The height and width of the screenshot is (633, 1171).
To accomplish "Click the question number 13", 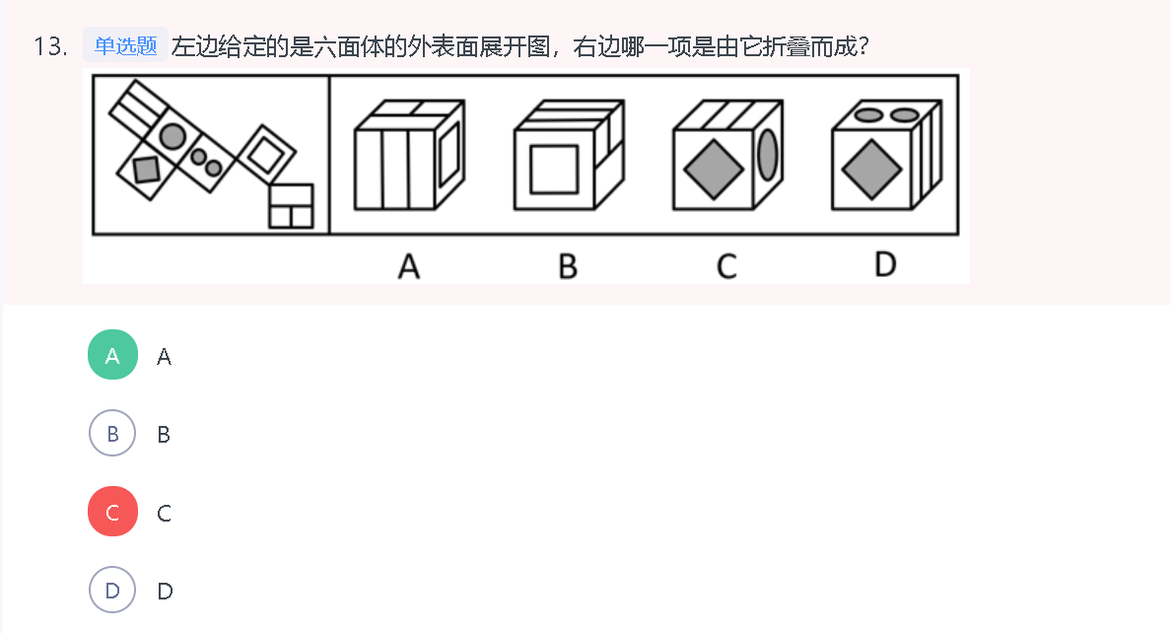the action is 48,46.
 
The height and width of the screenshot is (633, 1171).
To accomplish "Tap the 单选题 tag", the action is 125,45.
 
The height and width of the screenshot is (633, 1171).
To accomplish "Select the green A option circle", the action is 113,355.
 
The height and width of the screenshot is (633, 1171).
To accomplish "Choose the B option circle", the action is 113,434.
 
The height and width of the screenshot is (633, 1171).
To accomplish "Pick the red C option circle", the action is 113,513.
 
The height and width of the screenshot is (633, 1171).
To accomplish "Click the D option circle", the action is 113,591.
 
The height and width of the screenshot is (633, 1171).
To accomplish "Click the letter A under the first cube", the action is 408,265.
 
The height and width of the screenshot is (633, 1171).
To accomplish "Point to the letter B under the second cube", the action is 567,265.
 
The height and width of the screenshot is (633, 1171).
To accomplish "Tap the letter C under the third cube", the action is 726,265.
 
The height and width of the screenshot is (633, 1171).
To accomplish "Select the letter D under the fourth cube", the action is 885,264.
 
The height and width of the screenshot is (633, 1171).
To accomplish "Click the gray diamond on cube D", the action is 871,168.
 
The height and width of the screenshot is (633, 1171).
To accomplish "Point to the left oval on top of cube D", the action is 868,115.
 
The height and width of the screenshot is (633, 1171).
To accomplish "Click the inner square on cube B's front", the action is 554,169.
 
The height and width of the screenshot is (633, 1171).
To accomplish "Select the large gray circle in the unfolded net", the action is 172,136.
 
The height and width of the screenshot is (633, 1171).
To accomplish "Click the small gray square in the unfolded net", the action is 146,170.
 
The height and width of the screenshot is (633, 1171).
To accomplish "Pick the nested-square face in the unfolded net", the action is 265,153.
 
